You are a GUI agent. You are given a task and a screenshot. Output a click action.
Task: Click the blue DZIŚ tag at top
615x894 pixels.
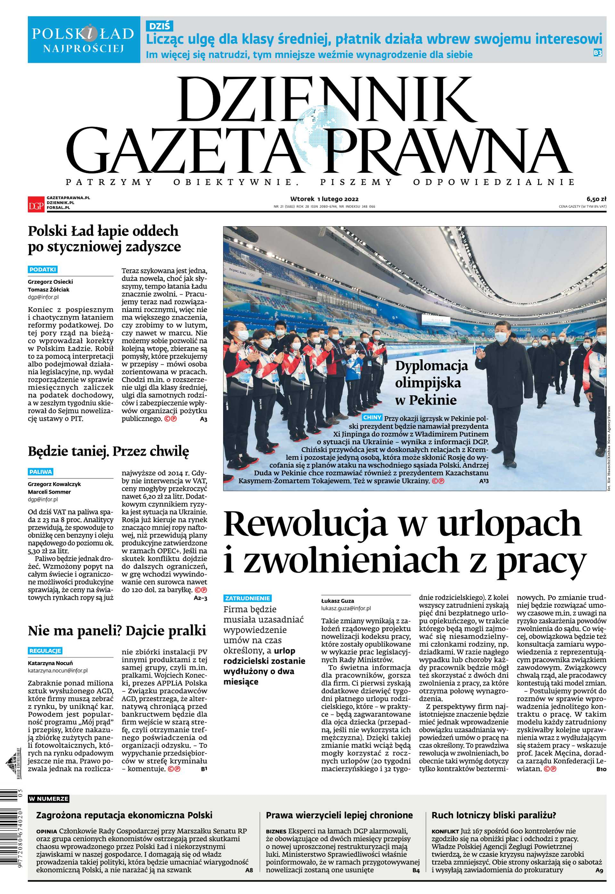click(159, 26)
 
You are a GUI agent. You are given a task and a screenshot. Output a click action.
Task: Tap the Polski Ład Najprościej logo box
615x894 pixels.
click(84, 39)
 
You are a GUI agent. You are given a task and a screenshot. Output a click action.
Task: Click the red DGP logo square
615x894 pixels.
click(36, 204)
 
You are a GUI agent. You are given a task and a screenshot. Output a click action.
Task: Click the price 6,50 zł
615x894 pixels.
click(596, 199)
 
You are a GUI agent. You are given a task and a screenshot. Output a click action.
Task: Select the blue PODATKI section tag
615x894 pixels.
click(43, 269)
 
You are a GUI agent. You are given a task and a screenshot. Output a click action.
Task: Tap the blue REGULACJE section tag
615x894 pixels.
click(45, 651)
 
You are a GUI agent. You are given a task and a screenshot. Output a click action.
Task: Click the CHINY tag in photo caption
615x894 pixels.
click(372, 417)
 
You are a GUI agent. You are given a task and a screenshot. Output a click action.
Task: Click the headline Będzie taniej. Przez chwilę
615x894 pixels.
click(108, 451)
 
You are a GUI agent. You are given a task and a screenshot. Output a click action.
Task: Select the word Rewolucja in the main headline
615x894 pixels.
click(305, 525)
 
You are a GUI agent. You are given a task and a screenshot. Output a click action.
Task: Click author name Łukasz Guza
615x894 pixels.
click(338, 601)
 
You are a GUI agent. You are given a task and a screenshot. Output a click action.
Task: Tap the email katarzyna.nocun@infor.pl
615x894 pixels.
click(58, 671)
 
